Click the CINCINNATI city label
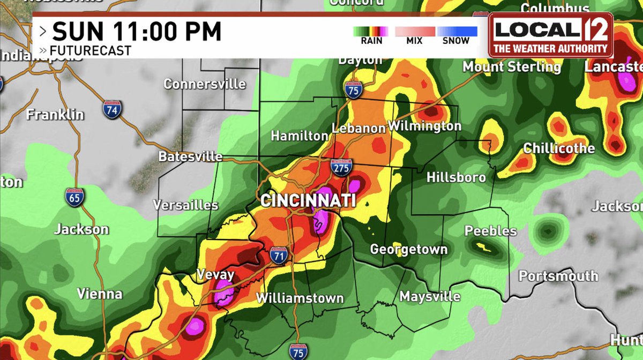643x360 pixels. (x=308, y=201)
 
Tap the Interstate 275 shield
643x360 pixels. (x=341, y=167)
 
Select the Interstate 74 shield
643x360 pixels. (x=113, y=109)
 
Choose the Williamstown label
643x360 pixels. (x=300, y=298)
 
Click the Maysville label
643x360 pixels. (x=430, y=296)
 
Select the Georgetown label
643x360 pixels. (x=409, y=250)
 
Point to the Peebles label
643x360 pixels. (x=490, y=231)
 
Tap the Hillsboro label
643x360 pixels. (x=456, y=177)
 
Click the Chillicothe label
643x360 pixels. (x=559, y=148)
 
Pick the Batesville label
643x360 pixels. (x=190, y=156)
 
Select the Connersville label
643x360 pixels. (x=204, y=84)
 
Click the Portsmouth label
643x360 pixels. (x=558, y=276)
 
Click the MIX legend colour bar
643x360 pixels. (x=415, y=32)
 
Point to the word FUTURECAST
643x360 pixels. (x=89, y=51)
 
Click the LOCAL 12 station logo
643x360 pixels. (x=551, y=35)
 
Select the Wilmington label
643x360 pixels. (x=424, y=126)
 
